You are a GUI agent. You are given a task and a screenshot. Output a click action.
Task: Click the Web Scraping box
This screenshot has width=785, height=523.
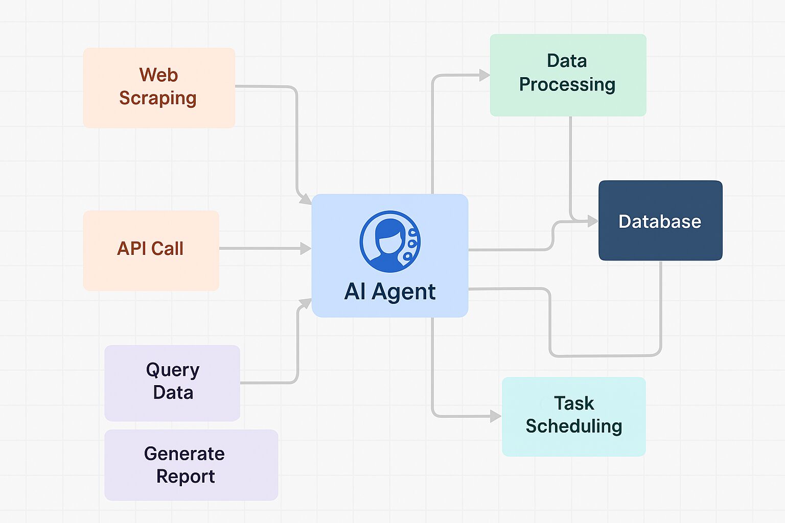click(x=159, y=88)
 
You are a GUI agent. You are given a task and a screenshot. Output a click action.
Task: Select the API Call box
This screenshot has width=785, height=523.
click(x=151, y=250)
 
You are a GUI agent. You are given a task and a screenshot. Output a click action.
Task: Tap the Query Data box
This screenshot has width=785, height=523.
click(x=172, y=383)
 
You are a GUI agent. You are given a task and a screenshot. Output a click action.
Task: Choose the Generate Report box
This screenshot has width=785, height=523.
click(x=191, y=465)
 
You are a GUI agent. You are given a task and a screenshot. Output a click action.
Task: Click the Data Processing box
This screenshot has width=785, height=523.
click(x=568, y=75)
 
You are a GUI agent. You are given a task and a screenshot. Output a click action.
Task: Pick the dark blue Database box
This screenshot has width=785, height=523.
click(x=661, y=220)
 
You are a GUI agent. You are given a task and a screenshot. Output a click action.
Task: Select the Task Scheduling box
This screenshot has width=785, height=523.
click(x=574, y=416)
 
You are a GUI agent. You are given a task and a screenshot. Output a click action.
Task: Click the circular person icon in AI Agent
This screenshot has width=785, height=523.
click(x=390, y=242)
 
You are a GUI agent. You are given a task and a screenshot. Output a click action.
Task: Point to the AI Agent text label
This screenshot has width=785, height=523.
click(x=390, y=292)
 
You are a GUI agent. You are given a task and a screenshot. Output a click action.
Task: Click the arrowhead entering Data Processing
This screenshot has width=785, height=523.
click(x=484, y=75)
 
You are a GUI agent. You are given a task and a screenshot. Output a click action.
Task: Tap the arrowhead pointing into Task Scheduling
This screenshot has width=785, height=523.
click(x=496, y=416)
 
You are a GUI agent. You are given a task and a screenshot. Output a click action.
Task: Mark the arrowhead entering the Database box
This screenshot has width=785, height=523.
click(x=593, y=221)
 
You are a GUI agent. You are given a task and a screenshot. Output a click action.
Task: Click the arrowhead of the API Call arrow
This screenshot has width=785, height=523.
click(x=306, y=248)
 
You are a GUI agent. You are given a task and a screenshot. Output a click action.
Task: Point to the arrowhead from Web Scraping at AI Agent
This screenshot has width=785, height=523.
click(x=306, y=199)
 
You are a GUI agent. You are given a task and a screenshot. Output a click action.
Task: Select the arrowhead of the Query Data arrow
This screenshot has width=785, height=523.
click(x=306, y=303)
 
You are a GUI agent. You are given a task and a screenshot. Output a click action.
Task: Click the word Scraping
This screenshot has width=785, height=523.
click(x=158, y=98)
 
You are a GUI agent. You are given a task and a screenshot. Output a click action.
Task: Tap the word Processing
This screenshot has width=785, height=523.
click(x=567, y=85)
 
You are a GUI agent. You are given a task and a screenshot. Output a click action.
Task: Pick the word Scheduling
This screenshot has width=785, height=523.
click(x=574, y=426)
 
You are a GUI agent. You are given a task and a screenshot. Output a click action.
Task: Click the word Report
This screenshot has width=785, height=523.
click(x=186, y=477)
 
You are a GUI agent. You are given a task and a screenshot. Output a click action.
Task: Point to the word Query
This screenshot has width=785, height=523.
click(x=173, y=371)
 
